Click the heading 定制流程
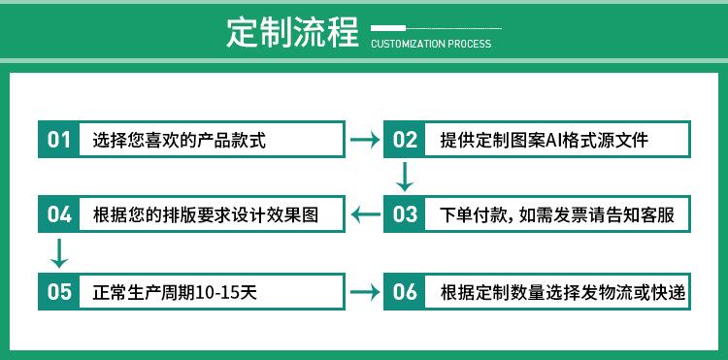coord(293,32)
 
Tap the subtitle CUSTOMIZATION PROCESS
coord(431,44)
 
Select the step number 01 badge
coord(58,139)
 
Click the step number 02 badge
coord(405,139)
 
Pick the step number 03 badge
coord(405,213)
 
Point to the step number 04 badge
coord(58,213)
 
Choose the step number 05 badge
coord(58,291)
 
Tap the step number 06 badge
coord(405,291)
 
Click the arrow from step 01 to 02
coord(364,140)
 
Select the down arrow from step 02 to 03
coord(405,177)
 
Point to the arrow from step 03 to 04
coord(366,214)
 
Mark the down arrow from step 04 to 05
coord(59,253)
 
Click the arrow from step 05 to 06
coord(364,292)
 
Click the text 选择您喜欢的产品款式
coord(179,140)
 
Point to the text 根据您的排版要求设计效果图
coord(205,214)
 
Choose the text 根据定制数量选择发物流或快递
coord(563,292)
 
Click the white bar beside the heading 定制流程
coord(388,28)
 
